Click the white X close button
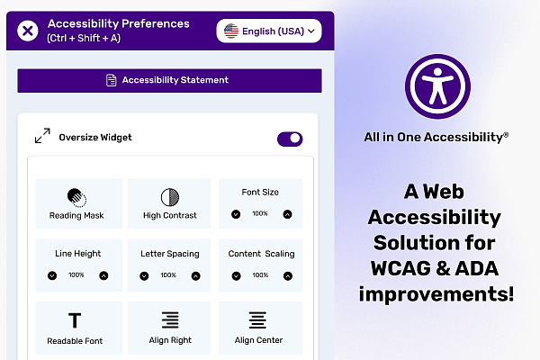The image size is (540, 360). tap(28, 31)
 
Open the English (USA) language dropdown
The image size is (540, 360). tap(269, 31)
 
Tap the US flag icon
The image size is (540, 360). tap(231, 31)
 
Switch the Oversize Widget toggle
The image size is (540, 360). tap(290, 139)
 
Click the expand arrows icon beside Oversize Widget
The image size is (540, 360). tap(42, 136)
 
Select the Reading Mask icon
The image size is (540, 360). tap(76, 198)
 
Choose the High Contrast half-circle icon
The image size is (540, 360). tap(170, 197)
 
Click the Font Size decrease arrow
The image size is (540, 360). tap(236, 214)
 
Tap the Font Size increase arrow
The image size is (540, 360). tap(288, 214)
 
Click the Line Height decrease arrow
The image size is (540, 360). tap(52, 275)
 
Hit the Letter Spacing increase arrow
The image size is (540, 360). tap(195, 276)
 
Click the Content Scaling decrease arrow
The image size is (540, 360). tap(236, 276)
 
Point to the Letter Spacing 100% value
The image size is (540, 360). tap(168, 275)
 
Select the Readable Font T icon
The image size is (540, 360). tap(75, 320)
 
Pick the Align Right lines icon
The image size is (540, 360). tap(170, 320)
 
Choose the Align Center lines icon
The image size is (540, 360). tap(257, 320)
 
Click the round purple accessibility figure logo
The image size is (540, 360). tap(437, 86)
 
